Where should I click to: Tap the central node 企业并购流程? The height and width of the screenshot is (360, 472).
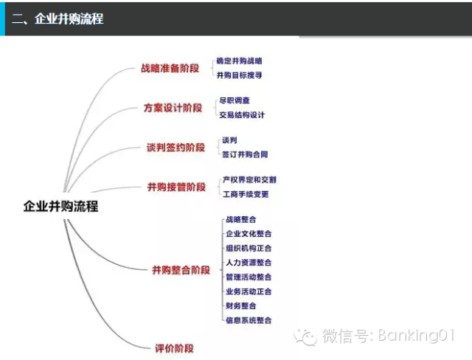tap(60, 207)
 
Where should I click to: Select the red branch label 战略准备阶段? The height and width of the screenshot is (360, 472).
tap(170, 68)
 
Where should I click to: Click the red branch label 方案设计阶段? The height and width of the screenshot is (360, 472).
tap(173, 108)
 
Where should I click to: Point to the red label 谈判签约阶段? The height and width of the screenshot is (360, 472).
tap(176, 148)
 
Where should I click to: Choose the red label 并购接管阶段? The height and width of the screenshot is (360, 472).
tap(176, 187)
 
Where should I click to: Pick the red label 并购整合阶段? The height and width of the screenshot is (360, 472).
tap(181, 270)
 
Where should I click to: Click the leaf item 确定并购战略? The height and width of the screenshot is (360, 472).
tap(239, 61)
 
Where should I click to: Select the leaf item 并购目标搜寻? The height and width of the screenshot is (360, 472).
tap(239, 75)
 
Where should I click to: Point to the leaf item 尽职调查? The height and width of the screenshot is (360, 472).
tap(236, 100)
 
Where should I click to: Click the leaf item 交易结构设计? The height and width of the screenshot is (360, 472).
tap(242, 115)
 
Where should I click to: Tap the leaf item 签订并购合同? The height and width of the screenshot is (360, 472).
tap(245, 155)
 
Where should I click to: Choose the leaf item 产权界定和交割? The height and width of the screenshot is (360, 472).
tap(249, 180)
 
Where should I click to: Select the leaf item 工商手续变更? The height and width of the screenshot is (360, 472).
tap(246, 195)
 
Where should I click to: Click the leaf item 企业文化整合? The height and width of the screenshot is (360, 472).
tap(249, 234)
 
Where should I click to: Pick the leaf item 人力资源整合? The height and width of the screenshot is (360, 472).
tap(249, 263)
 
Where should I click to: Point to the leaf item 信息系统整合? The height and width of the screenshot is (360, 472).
tap(249, 320)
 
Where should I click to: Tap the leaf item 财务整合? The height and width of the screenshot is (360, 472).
tap(241, 305)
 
